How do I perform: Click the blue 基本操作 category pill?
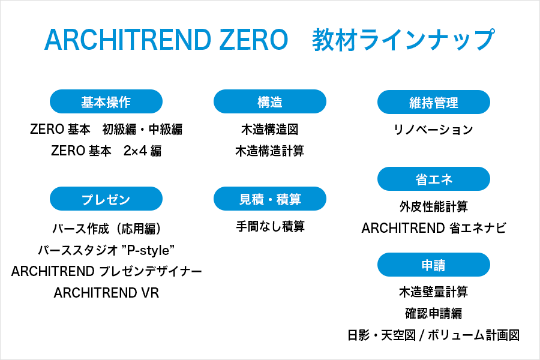[x=106, y=102]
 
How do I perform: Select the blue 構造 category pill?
[x=270, y=102]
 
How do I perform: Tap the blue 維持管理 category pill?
[x=434, y=102]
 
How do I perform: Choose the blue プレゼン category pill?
[x=106, y=199]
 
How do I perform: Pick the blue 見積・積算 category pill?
[x=270, y=199]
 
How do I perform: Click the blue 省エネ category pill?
[x=434, y=179]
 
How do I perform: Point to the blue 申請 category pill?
[x=434, y=265]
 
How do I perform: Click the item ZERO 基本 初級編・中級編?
[x=106, y=130]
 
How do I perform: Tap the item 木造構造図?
[x=270, y=130]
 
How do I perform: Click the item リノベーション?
[x=434, y=130]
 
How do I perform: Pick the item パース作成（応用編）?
[x=106, y=229]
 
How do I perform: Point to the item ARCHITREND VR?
[x=106, y=293]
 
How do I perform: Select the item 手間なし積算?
[x=270, y=227]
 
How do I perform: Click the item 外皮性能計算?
[x=434, y=206]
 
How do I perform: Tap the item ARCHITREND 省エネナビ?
[x=434, y=228]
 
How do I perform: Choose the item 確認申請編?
[x=434, y=313]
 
